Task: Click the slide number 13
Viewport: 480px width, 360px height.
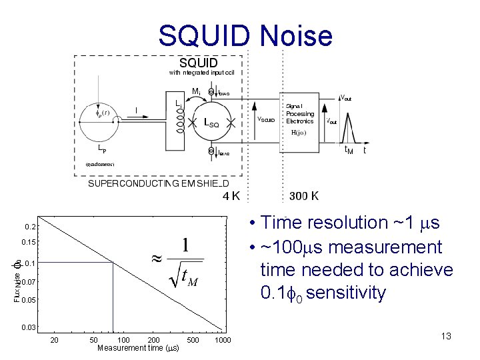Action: (446, 336)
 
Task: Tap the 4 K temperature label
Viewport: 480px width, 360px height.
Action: (231, 196)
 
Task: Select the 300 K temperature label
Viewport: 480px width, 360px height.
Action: (304, 196)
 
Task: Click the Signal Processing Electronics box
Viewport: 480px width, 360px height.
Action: (300, 114)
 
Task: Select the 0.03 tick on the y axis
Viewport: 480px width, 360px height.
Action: (29, 327)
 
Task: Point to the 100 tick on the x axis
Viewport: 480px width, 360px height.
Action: (123, 340)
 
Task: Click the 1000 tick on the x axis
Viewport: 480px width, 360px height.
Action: (223, 340)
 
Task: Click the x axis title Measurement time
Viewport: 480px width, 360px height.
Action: (138, 348)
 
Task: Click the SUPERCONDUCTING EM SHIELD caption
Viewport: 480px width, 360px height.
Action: (159, 184)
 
